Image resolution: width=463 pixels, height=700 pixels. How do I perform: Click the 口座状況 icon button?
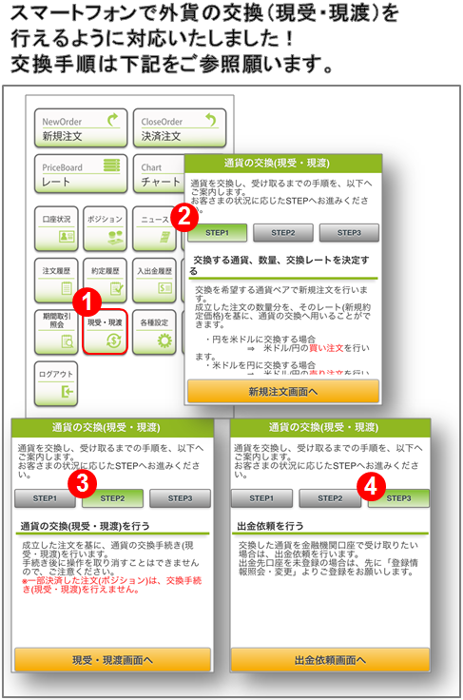[55, 229]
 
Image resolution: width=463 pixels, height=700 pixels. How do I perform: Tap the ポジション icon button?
[105, 229]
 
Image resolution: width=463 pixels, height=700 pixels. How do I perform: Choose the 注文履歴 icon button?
[55, 280]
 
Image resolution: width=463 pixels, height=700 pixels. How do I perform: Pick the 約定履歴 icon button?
[105, 280]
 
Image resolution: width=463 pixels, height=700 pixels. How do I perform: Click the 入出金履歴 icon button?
[153, 280]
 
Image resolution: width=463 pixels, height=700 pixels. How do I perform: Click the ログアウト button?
[55, 382]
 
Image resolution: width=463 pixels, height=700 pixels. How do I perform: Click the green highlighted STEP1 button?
[217, 233]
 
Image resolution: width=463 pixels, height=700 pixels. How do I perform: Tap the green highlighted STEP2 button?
[112, 498]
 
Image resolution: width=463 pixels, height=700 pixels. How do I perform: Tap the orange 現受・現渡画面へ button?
[112, 659]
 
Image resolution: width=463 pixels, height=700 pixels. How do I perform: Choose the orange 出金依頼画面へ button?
[330, 659]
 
